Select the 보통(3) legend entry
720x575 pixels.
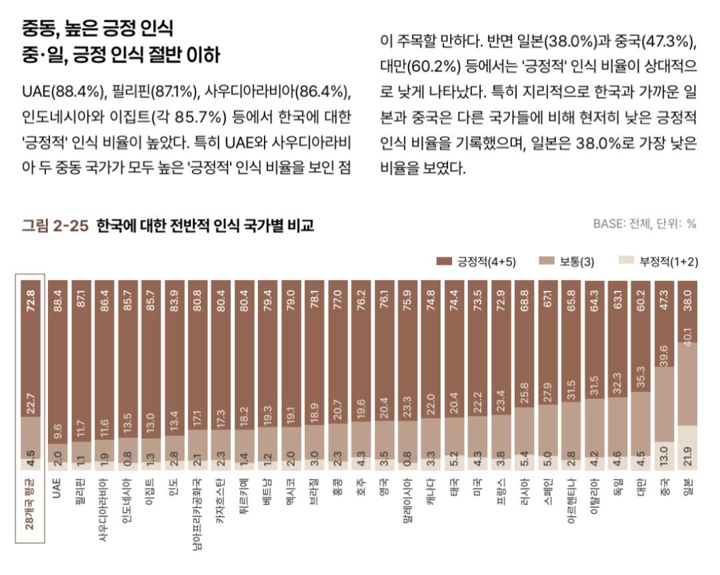coord(566,261)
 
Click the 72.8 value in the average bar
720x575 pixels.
coord(30,294)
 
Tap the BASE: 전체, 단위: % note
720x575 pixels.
coord(644,224)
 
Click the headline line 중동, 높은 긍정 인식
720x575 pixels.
coord(98,29)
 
